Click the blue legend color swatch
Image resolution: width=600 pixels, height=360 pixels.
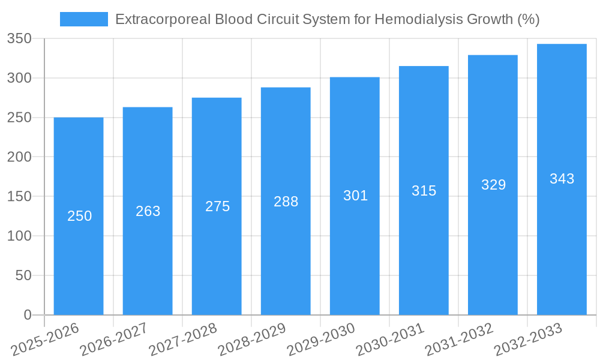tap(84, 19)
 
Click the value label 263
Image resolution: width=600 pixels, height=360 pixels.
tap(148, 211)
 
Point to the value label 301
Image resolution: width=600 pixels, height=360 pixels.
tap(355, 196)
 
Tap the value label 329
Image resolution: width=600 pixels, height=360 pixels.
tap(493, 185)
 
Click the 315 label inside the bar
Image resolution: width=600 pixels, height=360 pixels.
tap(424, 191)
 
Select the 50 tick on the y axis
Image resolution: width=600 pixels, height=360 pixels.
tap(23, 275)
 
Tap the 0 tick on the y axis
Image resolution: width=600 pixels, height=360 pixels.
tap(28, 315)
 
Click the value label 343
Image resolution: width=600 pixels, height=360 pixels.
tap(562, 179)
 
